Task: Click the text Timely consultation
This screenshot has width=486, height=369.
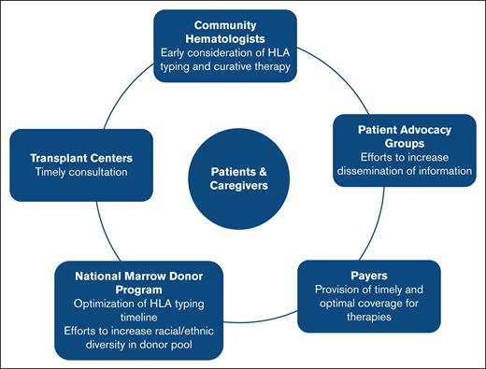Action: coord(79,173)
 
